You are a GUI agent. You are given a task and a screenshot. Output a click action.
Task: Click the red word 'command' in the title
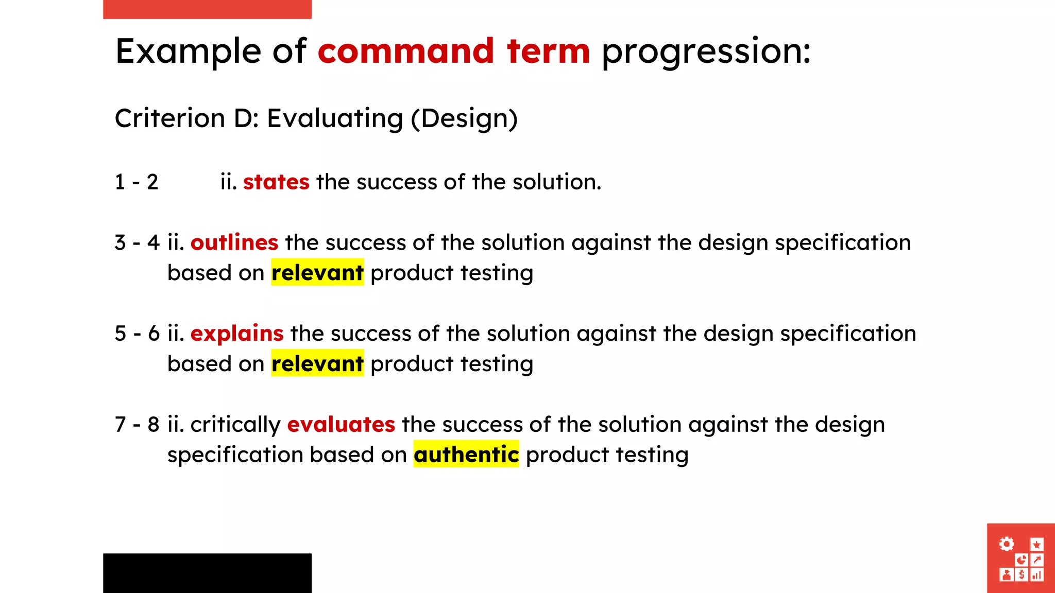point(406,51)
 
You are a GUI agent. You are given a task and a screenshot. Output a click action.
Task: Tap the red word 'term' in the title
point(548,51)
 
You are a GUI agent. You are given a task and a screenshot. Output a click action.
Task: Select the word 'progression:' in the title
point(706,53)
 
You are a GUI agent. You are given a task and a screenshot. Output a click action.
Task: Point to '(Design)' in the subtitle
point(464,119)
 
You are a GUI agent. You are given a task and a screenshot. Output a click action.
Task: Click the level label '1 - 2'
point(137,182)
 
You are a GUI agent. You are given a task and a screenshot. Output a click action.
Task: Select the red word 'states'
point(276,182)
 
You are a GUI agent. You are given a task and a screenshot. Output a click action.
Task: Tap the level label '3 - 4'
point(137,242)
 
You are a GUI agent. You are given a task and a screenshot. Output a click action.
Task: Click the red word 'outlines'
point(234,242)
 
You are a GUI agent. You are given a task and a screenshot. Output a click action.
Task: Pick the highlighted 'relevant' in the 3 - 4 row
point(317,273)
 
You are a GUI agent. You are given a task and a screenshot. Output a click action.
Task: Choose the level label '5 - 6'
point(137,334)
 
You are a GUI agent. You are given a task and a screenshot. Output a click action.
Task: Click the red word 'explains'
point(237,334)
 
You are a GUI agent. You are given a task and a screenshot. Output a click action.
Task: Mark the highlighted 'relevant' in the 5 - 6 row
point(317,364)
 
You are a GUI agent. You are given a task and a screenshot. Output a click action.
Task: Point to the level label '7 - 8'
point(137,425)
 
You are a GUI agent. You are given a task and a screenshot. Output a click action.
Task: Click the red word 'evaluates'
point(341,425)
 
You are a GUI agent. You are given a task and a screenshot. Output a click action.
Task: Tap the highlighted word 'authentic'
point(466,455)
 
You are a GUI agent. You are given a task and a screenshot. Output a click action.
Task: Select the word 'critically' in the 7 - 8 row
point(235,425)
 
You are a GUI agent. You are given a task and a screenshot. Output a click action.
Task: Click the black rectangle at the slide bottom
point(207,573)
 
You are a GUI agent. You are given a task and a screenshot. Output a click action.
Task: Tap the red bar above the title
point(207,9)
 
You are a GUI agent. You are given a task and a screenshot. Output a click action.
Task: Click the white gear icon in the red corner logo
point(1006,544)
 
